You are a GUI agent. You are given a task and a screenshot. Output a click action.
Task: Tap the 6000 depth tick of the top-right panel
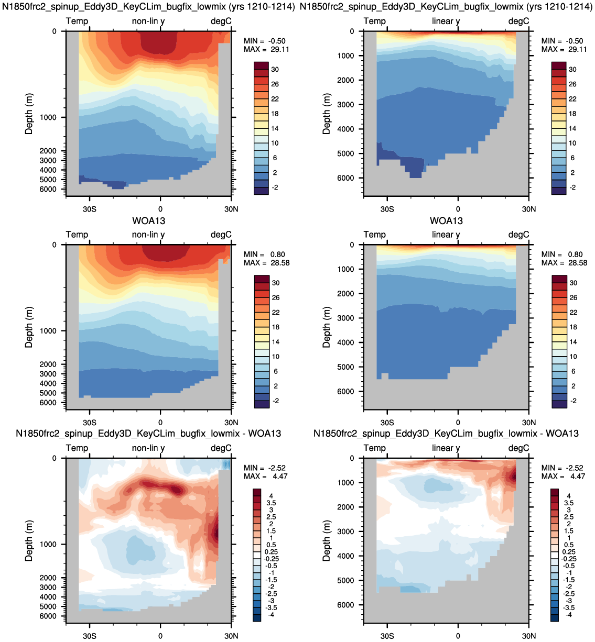[x=345, y=178]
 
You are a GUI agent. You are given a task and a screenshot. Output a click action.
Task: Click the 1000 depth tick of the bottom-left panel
[x=48, y=544]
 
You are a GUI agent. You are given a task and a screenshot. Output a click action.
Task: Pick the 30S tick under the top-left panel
[x=90, y=209]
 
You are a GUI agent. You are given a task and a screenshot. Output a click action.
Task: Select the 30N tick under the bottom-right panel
[x=529, y=636]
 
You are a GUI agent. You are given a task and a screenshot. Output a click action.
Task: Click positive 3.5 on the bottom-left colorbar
[x=271, y=503]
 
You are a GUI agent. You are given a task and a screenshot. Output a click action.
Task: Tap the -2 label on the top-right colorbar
[x=572, y=187]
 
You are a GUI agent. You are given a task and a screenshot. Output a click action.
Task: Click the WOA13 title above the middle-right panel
[x=446, y=221]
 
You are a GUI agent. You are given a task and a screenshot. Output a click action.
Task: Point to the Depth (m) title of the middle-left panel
[x=29, y=327]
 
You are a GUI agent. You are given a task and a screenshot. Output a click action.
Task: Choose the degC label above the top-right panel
[x=518, y=21]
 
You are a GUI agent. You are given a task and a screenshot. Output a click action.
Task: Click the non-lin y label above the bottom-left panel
[x=148, y=448]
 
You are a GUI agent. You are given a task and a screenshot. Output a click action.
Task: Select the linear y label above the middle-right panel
[x=446, y=235]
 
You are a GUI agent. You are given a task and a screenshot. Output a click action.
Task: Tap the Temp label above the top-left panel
[x=77, y=21]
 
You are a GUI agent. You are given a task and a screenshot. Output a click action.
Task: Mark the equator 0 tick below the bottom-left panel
[x=160, y=636]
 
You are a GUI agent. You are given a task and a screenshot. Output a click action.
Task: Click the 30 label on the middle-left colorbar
[x=275, y=283]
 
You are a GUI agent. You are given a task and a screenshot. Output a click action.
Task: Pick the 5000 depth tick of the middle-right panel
[x=345, y=367]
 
